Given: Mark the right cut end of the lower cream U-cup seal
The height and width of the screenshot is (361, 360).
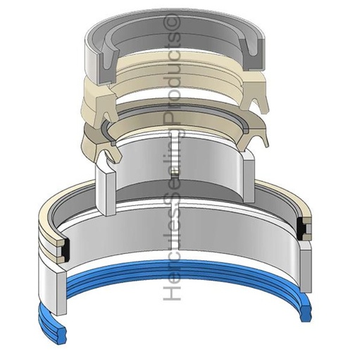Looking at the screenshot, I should click(258, 138).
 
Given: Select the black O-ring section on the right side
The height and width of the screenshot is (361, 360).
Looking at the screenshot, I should click(305, 228).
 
